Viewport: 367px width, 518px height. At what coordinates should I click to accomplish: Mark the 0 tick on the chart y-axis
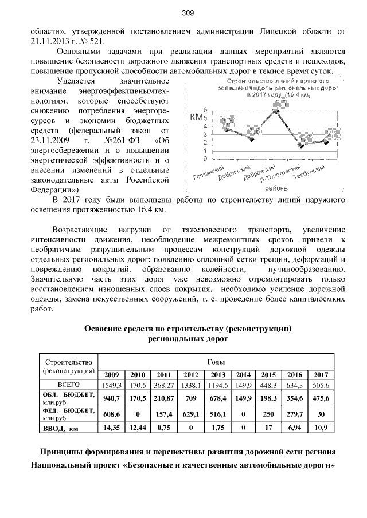[x=205, y=157]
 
